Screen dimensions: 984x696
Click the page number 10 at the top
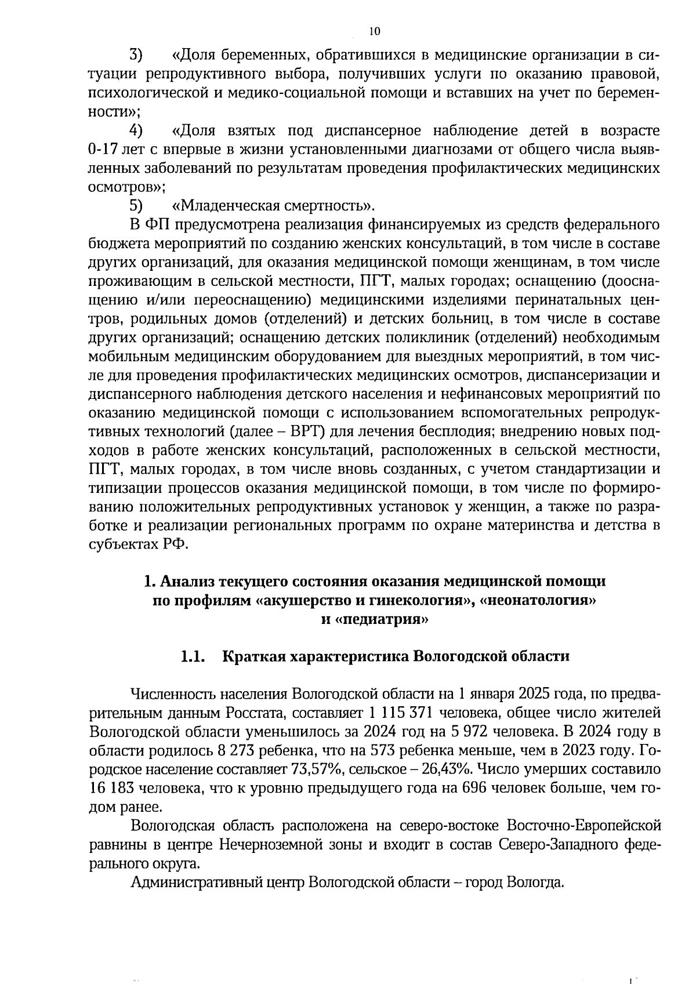375,31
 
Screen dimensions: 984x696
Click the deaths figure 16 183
113,789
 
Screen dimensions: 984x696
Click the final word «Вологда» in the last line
534,883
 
